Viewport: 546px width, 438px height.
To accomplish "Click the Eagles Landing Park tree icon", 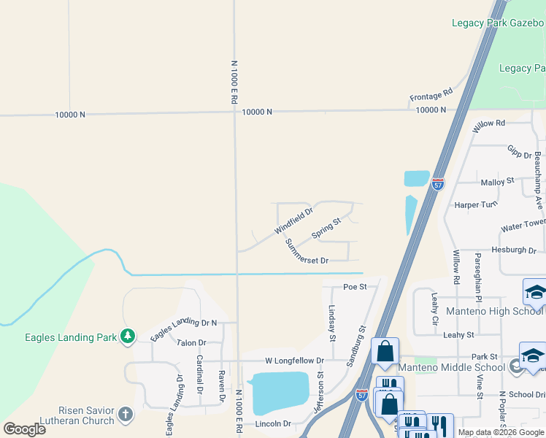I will tap(128, 337).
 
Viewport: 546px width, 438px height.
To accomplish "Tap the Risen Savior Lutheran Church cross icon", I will tap(125, 415).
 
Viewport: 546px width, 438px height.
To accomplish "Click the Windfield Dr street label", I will tap(293, 221).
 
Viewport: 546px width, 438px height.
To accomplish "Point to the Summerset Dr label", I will tap(307, 251).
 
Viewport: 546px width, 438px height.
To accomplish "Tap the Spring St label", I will tap(326, 228).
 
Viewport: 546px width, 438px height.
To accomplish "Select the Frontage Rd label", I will tap(431, 94).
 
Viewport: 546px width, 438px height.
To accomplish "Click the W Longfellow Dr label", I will tap(293, 361).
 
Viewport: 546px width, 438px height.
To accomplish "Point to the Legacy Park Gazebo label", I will tap(499, 23).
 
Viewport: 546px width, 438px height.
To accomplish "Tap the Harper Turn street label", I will tap(475, 205).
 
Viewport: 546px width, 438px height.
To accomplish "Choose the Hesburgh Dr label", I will tap(513, 250).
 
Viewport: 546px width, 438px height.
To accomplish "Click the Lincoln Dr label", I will tap(273, 423).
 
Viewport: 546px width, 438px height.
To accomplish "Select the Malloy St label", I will tap(497, 181).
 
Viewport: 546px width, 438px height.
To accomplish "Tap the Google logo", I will tap(24, 429).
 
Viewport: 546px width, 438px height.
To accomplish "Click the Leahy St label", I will tap(458, 334).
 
